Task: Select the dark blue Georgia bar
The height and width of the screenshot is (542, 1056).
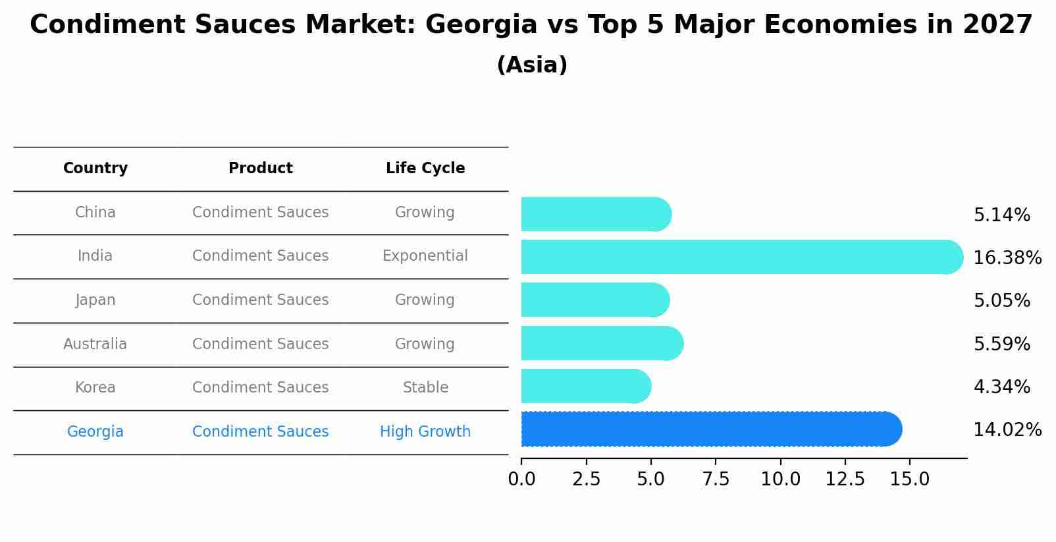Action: pyautogui.click(x=711, y=429)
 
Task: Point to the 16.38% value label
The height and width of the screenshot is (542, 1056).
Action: pyautogui.click(x=1007, y=258)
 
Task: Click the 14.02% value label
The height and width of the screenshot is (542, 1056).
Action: pyautogui.click(x=1007, y=430)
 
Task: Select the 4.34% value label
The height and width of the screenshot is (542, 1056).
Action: pyautogui.click(x=1001, y=387)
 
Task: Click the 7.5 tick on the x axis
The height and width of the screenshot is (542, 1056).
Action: pyautogui.click(x=716, y=479)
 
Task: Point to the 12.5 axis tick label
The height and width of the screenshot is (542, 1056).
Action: pyautogui.click(x=845, y=479)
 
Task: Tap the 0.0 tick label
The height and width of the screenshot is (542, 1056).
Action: pyautogui.click(x=521, y=479)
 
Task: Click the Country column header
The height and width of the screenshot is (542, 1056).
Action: pyautogui.click(x=95, y=169)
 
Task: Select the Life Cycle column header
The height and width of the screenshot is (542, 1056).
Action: pyautogui.click(x=425, y=169)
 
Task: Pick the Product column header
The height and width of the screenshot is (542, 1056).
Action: pyautogui.click(x=260, y=169)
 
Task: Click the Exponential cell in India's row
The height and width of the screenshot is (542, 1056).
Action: pyautogui.click(x=425, y=256)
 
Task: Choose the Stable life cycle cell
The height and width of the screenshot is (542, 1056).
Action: pyautogui.click(x=425, y=388)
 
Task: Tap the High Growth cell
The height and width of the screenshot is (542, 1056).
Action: pyautogui.click(x=425, y=432)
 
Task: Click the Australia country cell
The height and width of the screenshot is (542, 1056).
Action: pyautogui.click(x=95, y=344)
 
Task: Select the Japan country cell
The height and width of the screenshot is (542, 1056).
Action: pyautogui.click(x=95, y=300)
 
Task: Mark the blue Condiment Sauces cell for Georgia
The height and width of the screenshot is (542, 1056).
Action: pyautogui.click(x=260, y=432)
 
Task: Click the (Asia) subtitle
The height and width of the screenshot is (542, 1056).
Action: pyautogui.click(x=532, y=65)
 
